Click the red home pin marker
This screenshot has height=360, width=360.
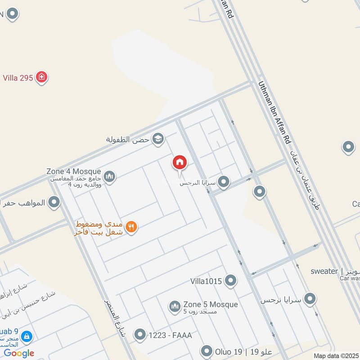[x=179, y=162]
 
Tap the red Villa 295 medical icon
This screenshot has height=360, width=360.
[x=42, y=77]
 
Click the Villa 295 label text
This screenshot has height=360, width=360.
[x=18, y=77]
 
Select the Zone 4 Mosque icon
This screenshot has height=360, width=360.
[x=109, y=176]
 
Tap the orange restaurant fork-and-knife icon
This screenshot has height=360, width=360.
[x=131, y=227]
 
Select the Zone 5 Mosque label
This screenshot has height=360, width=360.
[x=210, y=305]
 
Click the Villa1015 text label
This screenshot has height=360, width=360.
[x=206, y=281]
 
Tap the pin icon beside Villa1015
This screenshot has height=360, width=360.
[x=231, y=281]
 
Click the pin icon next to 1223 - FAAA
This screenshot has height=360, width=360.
[x=140, y=335]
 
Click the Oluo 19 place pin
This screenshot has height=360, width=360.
[x=207, y=351]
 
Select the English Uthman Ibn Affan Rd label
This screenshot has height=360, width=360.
[x=275, y=112]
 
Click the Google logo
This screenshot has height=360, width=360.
[x=19, y=353]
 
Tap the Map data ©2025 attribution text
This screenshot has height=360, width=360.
[x=336, y=356]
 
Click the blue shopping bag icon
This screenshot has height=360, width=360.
[x=27, y=336]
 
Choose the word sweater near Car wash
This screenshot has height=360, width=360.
[x=324, y=271]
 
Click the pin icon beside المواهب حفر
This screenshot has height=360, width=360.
[x=54, y=202]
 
